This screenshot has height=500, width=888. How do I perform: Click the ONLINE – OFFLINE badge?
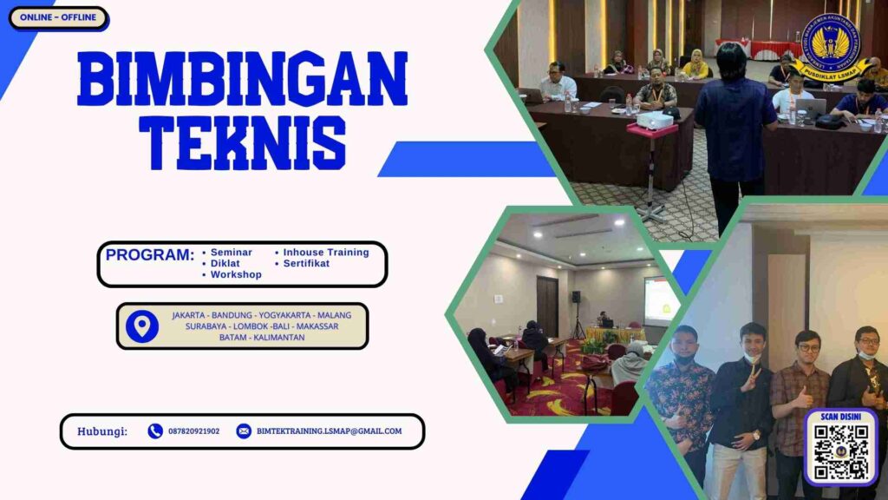coord(58,17)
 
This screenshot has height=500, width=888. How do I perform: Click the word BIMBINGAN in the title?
coord(242,79)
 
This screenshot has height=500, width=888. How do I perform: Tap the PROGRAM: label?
coord(150,255)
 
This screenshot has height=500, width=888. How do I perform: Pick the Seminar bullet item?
coord(231,252)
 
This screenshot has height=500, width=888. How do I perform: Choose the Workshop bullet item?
coord(235,274)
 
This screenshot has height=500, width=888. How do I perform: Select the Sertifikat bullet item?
coord(305,263)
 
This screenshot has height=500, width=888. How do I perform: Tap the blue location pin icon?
coord(141,326)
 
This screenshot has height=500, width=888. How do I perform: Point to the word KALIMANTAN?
coord(277,337)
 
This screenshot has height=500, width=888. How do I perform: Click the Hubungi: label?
coord(102,431)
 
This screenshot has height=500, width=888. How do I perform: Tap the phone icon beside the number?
coord(155,431)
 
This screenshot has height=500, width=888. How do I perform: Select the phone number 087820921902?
coord(193,431)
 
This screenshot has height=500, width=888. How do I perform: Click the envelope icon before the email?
coord(244,431)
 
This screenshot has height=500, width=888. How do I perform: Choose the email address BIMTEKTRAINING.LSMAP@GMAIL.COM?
coord(329,431)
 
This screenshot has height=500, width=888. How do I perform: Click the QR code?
coord(840,451)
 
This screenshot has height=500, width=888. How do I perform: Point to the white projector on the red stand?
coord(655,121)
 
